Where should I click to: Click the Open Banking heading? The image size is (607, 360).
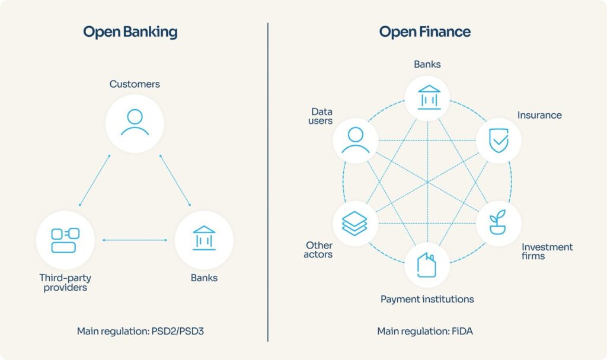[129, 32]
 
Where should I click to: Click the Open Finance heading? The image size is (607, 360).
[424, 32]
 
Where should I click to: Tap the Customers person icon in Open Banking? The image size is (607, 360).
[135, 123]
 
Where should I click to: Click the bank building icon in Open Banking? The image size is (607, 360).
[204, 239]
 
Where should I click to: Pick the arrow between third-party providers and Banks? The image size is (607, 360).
[135, 240]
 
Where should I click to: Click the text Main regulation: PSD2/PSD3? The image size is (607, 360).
[140, 331]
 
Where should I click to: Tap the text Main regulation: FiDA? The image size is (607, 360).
[424, 331]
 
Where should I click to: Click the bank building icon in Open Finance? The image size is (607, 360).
[427, 97]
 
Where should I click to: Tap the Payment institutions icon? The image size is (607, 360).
[427, 265]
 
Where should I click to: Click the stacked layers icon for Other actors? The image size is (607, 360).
[355, 223]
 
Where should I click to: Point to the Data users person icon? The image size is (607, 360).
[355, 141]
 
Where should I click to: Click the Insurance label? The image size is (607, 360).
[539, 115]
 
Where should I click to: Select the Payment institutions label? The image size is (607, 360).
[427, 299]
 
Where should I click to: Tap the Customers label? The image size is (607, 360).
[135, 84]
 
